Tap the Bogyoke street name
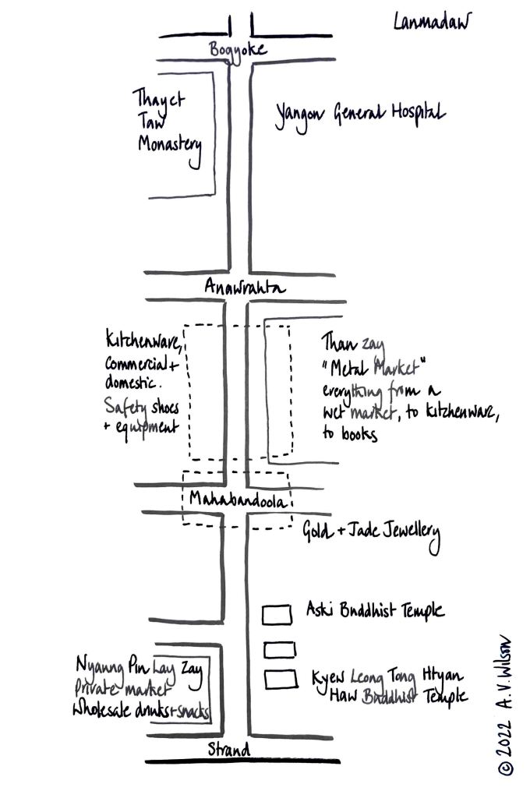coord(238,51)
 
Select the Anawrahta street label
coord(245,288)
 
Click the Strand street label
coord(229,750)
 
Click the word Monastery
coord(170,146)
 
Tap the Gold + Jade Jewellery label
coord(371,535)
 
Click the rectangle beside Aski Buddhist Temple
coord(277,614)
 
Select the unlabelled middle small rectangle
coord(280,648)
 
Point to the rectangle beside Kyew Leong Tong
coord(281,680)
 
